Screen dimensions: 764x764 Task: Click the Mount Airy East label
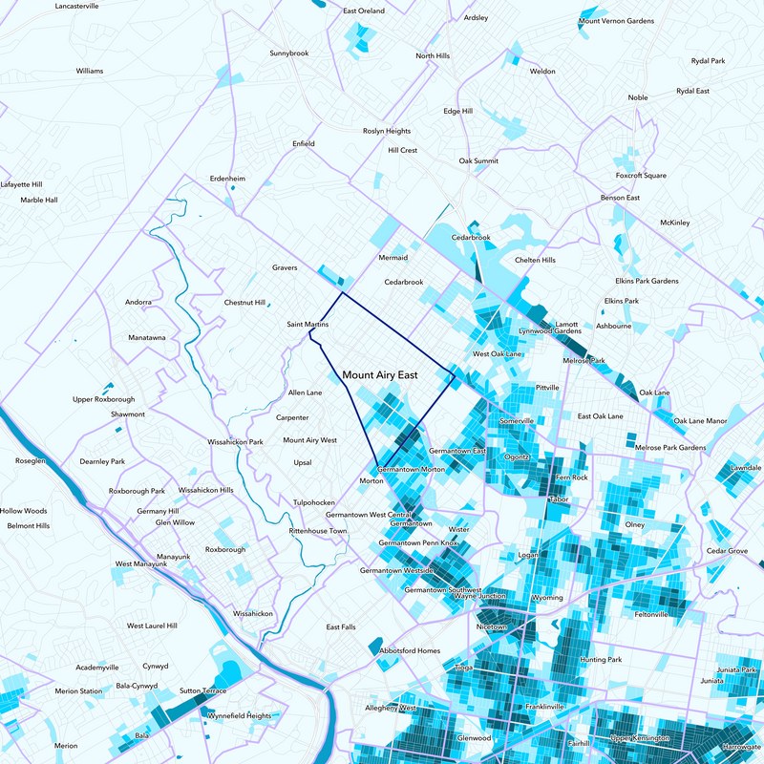pos(380,376)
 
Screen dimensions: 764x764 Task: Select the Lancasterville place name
pos(77,6)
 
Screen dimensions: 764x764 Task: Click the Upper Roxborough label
pos(104,399)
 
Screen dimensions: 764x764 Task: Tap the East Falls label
pos(341,627)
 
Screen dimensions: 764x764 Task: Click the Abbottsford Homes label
pos(410,650)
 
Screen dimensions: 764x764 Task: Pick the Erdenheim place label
pos(227,179)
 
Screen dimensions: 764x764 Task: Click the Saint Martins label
pos(308,326)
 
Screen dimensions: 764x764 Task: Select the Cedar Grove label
pos(727,551)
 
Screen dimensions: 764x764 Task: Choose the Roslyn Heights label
pos(387,131)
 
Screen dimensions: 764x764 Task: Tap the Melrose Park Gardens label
pos(670,448)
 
